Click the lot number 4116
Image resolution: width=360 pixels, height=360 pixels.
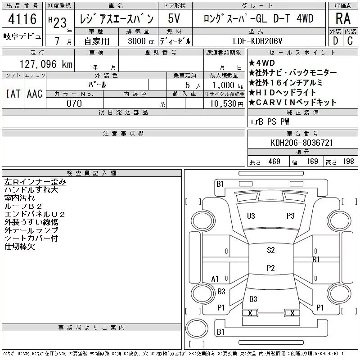pos(22,19)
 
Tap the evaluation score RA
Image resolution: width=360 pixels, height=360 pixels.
pos(343,18)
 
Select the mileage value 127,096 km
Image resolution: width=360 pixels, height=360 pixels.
pos(46,64)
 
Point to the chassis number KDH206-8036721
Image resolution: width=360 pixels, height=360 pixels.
pos(302,143)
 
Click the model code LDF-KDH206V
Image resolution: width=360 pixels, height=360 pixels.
pos(257,41)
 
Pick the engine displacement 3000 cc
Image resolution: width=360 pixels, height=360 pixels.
pos(141,41)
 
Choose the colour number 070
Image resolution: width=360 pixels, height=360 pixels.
pos(74,103)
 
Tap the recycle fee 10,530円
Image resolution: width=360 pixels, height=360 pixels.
pos(227,104)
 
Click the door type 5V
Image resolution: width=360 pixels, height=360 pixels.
pos(174,18)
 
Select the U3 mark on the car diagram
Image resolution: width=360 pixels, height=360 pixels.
pos(251,216)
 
